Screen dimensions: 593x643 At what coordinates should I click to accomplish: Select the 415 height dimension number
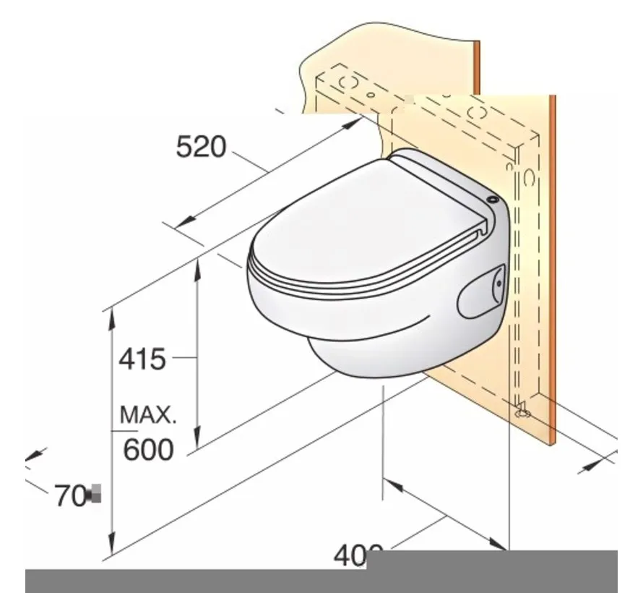pos(142,359)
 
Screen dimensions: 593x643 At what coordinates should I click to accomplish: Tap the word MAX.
pos(147,415)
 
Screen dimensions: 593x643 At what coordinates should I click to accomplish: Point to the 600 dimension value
pos(148,450)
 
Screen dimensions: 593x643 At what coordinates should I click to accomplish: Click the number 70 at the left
pos(70,496)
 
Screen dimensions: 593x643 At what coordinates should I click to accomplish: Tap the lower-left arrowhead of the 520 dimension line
pos(181,222)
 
